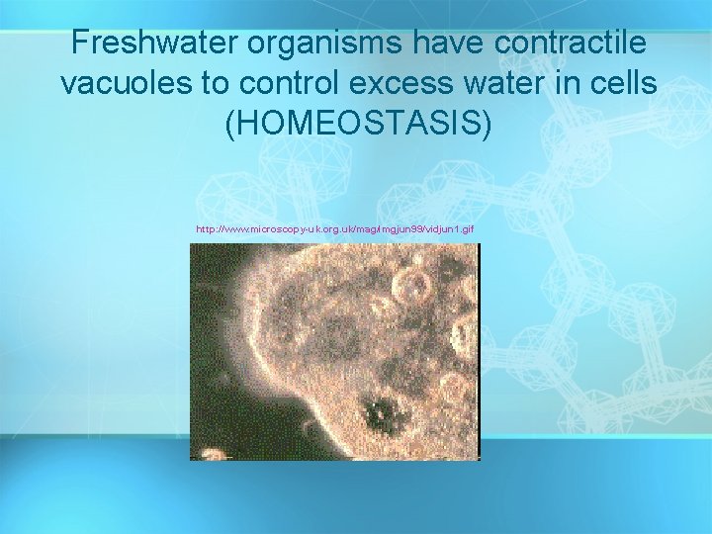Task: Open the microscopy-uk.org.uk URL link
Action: click(335, 229)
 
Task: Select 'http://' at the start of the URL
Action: click(209, 229)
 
